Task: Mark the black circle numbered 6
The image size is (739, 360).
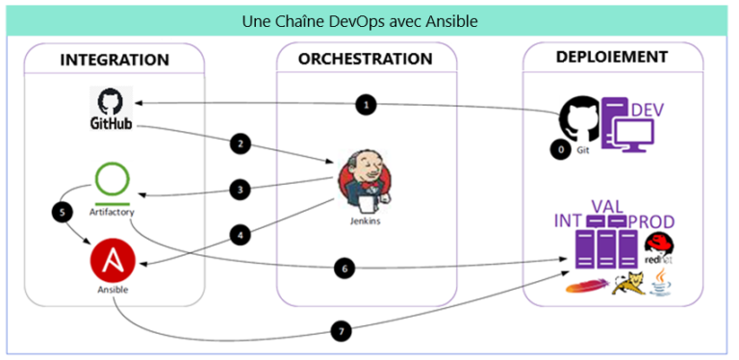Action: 344,268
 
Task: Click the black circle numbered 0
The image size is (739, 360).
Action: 557,150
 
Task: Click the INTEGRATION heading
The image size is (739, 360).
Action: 115,60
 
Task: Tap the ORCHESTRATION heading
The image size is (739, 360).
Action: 366,60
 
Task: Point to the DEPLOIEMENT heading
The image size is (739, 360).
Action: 612,58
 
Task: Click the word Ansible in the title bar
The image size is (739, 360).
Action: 453,20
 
